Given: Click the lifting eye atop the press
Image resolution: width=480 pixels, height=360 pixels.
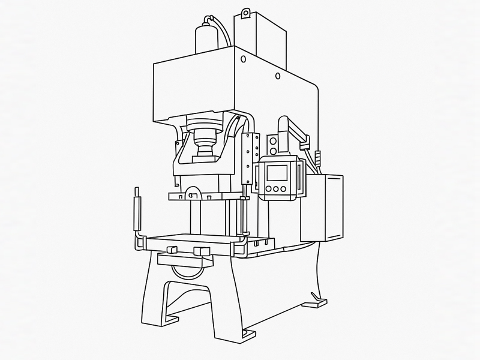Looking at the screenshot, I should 244,13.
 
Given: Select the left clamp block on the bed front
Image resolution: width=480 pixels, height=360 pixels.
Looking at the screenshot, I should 170,249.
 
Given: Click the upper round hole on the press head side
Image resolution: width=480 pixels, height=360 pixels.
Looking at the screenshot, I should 242,59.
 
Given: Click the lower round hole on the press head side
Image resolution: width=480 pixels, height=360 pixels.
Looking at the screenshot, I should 277,76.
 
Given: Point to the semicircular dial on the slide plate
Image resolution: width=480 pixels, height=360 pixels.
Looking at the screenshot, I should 193,194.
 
